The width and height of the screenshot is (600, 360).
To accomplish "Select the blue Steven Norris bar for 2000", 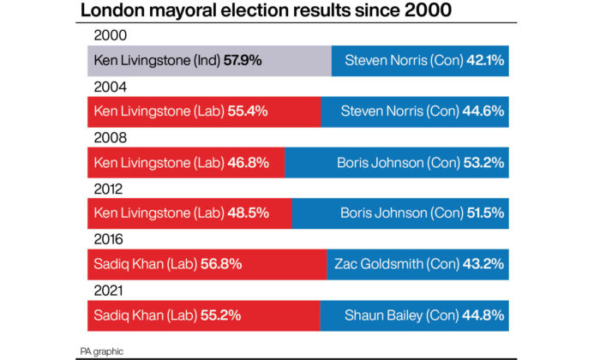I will (x=420, y=61).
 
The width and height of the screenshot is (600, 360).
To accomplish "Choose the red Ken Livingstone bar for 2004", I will (x=204, y=111).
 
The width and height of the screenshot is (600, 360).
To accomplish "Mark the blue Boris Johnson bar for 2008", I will (x=396, y=162).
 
